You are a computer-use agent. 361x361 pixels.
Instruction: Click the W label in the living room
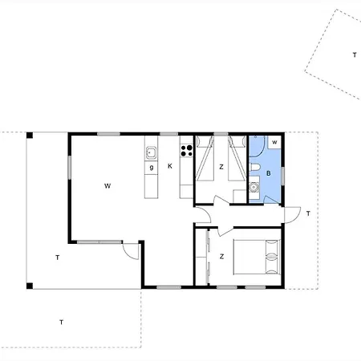106,185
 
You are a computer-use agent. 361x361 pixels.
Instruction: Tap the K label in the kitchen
170,167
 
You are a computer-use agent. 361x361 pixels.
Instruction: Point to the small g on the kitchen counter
150,168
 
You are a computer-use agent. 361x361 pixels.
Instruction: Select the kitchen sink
150,152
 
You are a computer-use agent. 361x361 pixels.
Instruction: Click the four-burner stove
186,149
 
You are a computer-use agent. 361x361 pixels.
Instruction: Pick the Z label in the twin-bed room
221,168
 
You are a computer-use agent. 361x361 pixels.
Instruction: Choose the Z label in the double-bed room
221,257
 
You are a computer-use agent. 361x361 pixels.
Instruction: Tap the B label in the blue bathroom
269,172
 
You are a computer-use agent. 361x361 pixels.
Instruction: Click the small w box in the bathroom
274,143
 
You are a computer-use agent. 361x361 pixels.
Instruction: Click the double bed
258,258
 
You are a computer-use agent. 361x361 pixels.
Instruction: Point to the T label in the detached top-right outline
354,55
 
